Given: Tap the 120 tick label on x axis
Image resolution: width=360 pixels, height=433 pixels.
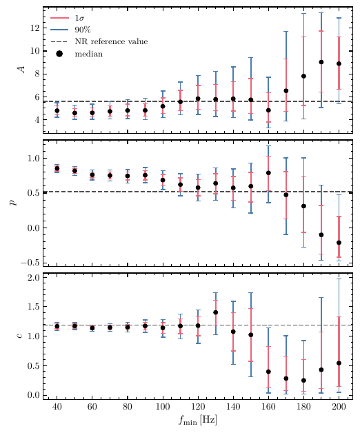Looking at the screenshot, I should pyautogui.click(x=198, y=407).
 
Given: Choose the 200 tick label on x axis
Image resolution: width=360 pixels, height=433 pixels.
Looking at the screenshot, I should pyautogui.click(x=339, y=407).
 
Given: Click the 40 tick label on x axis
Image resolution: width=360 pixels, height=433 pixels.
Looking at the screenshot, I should pyautogui.click(x=57, y=407).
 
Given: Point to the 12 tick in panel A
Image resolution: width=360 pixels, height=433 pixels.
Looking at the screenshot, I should pyautogui.click(x=32, y=28).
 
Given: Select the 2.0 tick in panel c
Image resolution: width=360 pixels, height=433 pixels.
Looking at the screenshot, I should pyautogui.click(x=30, y=278).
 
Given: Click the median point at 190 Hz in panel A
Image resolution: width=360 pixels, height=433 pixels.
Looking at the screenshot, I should pyautogui.click(x=321, y=62).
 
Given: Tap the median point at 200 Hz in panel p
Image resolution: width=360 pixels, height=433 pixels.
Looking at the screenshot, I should pyautogui.click(x=339, y=243).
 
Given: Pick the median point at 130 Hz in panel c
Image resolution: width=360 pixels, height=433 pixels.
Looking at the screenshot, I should pyautogui.click(x=215, y=312).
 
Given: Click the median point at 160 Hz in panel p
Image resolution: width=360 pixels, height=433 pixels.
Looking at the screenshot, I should pyautogui.click(x=268, y=173).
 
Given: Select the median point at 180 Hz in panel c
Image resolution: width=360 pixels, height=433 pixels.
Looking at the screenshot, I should pyautogui.click(x=303, y=380).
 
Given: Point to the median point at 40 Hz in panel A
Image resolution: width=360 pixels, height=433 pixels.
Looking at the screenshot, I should pyautogui.click(x=57, y=110).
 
